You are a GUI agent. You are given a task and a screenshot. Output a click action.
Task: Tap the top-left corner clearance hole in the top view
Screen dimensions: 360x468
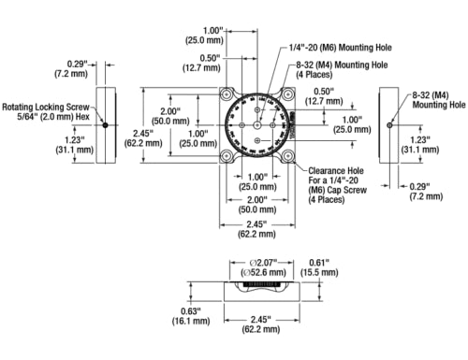tap(227, 94)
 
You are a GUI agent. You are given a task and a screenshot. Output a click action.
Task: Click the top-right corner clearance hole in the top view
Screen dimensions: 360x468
tap(285, 94)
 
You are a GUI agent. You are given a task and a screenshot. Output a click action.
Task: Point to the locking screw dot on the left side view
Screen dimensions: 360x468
tap(106, 124)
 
